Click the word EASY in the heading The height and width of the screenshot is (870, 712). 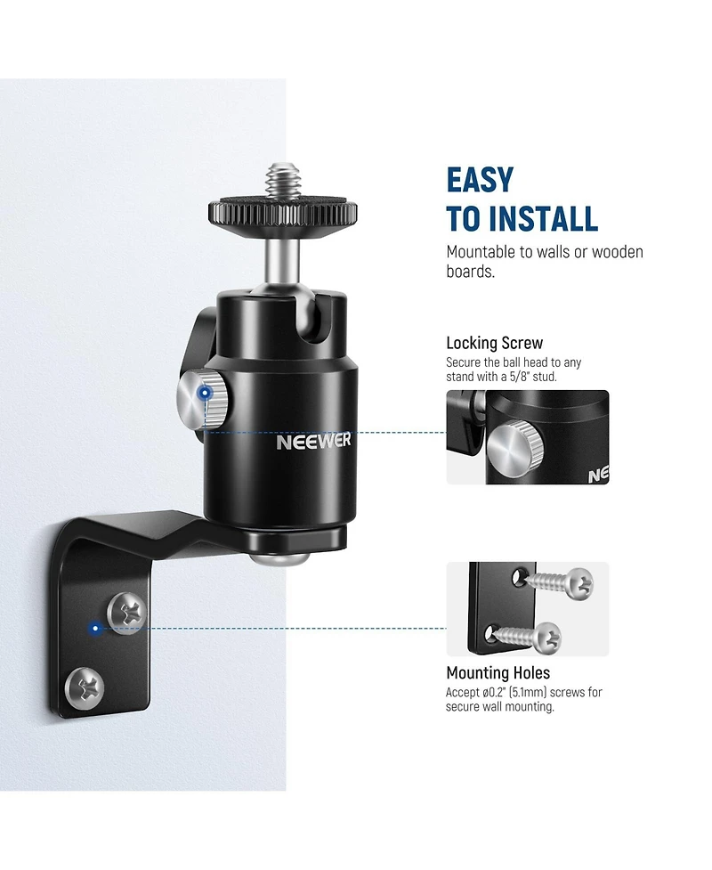(481, 180)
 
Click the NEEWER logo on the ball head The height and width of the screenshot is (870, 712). (313, 442)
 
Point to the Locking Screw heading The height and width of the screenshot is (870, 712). (495, 343)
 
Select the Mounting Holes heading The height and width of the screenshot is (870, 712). (498, 673)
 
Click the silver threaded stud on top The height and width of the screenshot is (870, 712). (282, 181)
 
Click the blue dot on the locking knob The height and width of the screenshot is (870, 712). (206, 394)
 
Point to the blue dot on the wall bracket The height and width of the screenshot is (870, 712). (96, 629)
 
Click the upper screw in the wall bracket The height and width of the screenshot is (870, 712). (127, 612)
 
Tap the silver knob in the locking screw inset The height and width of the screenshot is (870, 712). (515, 448)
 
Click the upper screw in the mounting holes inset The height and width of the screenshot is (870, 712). (559, 582)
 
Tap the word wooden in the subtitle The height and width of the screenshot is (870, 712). (618, 252)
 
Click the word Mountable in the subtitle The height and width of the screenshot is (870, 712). (481, 252)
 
